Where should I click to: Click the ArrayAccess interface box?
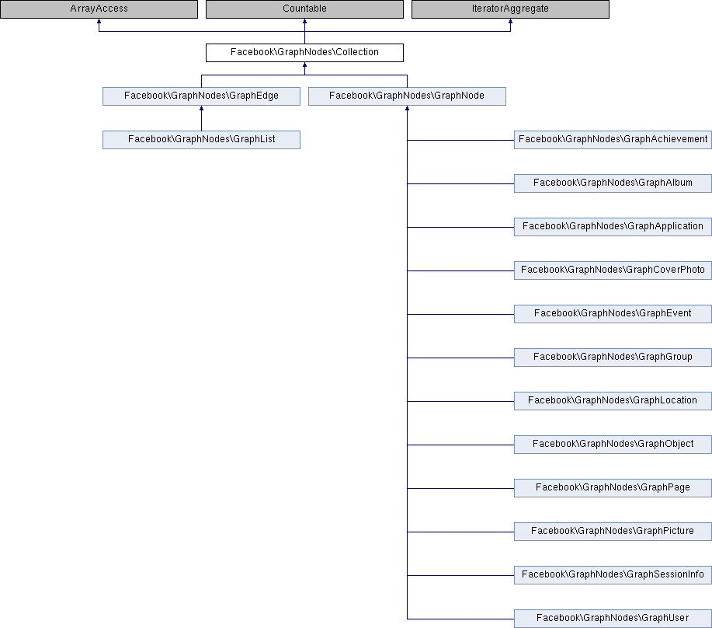point(99,9)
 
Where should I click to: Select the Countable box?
point(304,9)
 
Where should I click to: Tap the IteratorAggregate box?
point(510,9)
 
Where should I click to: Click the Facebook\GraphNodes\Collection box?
point(304,53)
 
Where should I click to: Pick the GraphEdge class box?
point(201,96)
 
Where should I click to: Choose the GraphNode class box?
point(407,96)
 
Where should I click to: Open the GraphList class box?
point(201,140)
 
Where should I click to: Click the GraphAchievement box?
point(613,140)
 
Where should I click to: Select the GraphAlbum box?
point(613,183)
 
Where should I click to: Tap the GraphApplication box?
point(613,227)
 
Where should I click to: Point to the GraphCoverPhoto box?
point(613,270)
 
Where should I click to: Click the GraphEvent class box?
point(613,314)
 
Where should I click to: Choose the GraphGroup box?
point(613,358)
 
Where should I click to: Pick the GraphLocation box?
point(613,401)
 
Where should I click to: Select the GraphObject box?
point(613,445)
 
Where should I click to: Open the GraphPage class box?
point(613,488)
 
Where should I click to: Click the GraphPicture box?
point(613,532)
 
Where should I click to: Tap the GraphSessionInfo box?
point(613,575)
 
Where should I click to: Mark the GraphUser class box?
point(613,619)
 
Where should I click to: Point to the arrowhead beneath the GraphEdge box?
point(201,108)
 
